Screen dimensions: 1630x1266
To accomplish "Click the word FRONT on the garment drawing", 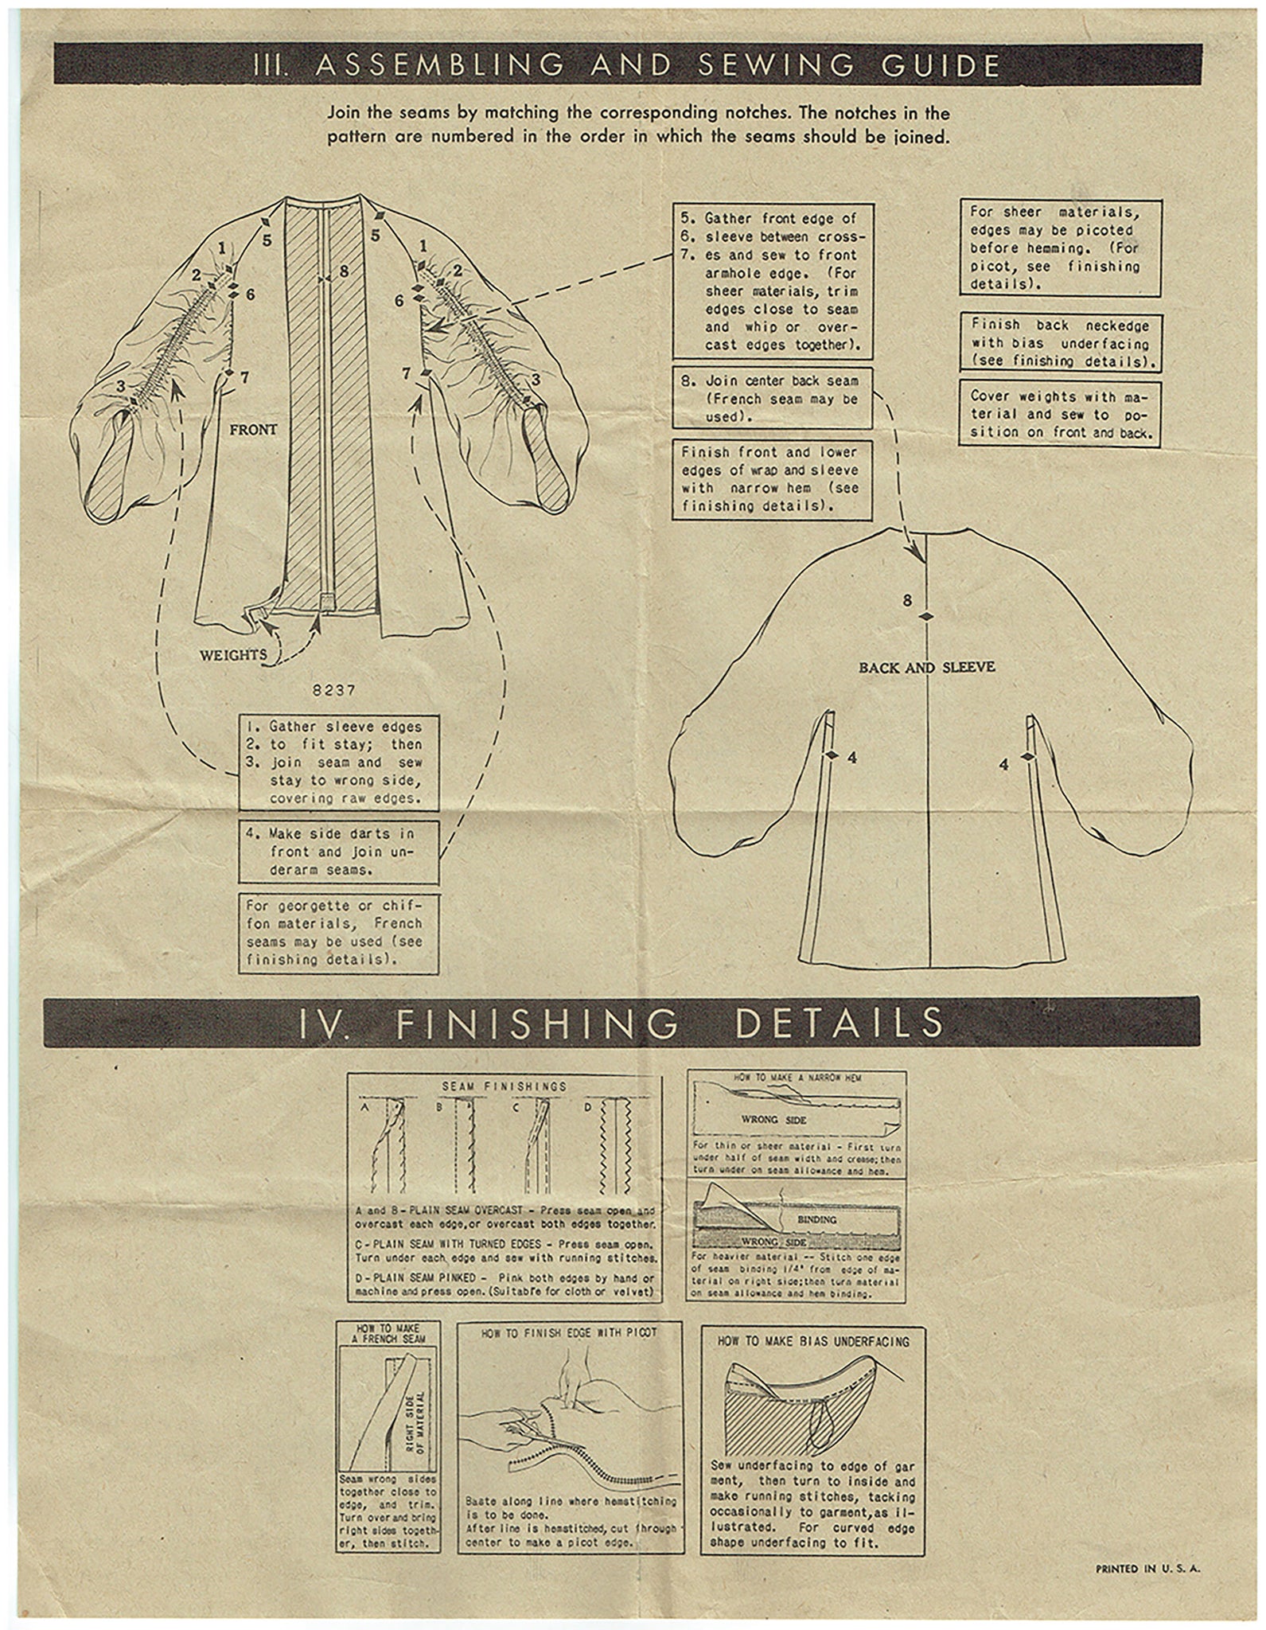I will [x=253, y=430].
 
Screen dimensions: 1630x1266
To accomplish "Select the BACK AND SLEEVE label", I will [x=926, y=667].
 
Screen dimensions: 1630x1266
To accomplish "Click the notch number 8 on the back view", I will [x=907, y=601].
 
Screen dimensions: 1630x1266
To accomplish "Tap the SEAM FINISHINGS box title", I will [x=504, y=1086].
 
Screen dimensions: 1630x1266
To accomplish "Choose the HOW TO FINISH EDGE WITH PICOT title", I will [x=569, y=1332].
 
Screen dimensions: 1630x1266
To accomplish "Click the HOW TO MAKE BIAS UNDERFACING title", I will [x=812, y=1341].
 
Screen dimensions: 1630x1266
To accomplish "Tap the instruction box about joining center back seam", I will [x=772, y=398].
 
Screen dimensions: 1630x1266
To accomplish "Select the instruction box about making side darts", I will [x=339, y=852].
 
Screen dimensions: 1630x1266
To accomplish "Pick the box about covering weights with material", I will [x=1059, y=415].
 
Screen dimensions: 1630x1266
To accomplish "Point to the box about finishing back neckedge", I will [x=1059, y=343].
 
